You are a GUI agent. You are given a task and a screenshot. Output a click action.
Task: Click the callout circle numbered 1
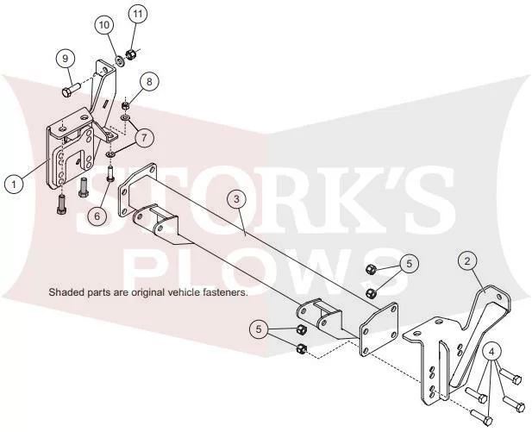click(14, 185)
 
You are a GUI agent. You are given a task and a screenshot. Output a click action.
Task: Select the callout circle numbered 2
click(467, 261)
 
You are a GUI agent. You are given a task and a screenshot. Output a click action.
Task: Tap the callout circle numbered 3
click(236, 199)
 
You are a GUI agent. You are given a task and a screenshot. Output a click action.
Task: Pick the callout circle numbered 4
click(492, 353)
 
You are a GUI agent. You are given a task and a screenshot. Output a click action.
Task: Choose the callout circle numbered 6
click(97, 216)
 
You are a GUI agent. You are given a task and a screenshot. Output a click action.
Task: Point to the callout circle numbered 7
click(144, 138)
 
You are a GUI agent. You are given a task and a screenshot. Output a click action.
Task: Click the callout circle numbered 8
click(150, 81)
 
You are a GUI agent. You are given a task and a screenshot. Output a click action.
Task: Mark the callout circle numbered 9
click(66, 59)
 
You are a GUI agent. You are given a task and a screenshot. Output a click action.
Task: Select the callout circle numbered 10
click(104, 25)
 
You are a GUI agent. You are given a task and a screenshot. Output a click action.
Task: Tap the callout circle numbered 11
click(137, 14)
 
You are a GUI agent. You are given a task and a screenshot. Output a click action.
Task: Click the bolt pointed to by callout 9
click(70, 90)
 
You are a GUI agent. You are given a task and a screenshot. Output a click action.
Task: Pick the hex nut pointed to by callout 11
click(130, 53)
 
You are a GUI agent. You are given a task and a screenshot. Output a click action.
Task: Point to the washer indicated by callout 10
click(120, 61)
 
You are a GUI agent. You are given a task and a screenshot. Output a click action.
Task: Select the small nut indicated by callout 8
click(125, 105)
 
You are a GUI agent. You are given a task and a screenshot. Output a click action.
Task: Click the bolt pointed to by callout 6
click(110, 173)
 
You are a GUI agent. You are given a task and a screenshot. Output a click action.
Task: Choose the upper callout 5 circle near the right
click(409, 263)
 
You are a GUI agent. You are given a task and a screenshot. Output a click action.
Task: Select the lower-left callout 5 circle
click(259, 329)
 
